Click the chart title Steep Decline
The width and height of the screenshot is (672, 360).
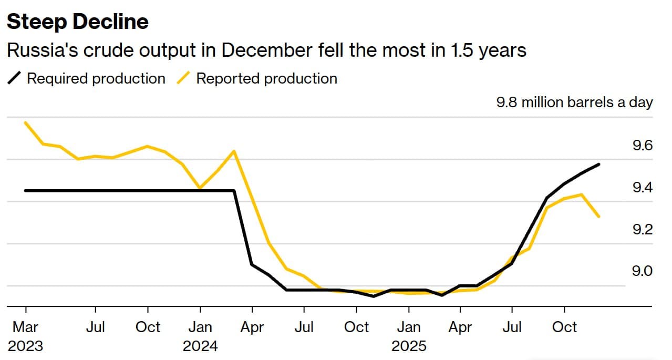point(77,22)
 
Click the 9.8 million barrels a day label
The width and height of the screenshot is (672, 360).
point(574,102)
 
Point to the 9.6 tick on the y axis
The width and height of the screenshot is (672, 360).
point(642,146)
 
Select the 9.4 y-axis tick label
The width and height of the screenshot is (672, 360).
point(642,188)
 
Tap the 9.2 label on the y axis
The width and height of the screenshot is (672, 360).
point(642,230)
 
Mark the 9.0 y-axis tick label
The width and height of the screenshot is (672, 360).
point(642,271)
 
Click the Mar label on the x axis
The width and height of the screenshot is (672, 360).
point(25,327)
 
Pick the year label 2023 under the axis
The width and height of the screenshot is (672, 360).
point(25,346)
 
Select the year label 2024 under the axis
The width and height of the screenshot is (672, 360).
point(200,346)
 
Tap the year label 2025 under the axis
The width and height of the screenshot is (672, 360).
point(409,346)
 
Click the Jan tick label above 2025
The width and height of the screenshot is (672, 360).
point(409,327)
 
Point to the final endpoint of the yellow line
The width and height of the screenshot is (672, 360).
point(599,217)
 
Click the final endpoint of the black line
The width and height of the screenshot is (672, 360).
point(599,164)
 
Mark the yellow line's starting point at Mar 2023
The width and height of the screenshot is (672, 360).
point(25,122)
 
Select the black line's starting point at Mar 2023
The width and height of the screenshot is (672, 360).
point(25,190)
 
